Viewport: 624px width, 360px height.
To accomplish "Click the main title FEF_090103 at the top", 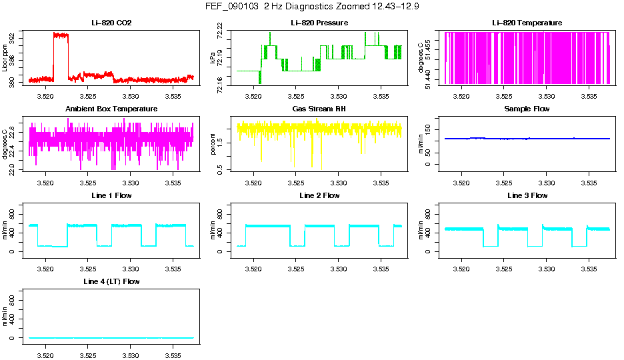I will tap(312, 7).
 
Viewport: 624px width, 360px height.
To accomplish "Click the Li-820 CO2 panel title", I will tap(111, 23).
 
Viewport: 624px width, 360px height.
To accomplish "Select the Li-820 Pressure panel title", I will tap(319, 23).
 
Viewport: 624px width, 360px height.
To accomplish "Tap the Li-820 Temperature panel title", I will tap(527, 23).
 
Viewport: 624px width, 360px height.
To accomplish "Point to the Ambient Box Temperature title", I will tap(111, 109).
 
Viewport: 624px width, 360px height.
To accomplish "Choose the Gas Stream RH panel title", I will tap(319, 109).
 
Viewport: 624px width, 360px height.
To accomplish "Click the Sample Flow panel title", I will tap(527, 109).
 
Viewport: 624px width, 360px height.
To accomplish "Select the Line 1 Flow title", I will tap(111, 195).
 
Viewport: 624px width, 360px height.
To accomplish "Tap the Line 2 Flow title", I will tap(319, 195).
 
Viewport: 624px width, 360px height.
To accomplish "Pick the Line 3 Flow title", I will tap(527, 195).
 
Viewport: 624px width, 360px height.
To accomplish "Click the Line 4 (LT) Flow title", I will tap(111, 282).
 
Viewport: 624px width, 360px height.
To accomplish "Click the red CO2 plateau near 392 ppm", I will tap(61, 35).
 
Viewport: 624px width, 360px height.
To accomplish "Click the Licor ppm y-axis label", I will tap(5, 58).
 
